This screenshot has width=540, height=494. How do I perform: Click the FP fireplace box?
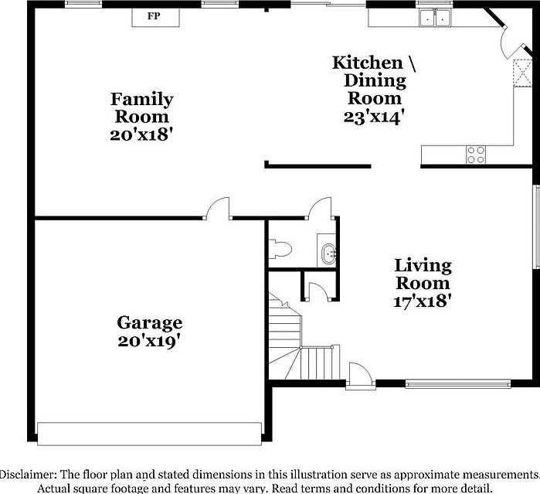click(155, 15)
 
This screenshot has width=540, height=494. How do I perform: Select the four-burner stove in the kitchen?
click(476, 154)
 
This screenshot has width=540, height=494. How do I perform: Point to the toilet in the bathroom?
click(279, 249)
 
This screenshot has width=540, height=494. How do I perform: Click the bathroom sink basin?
click(328, 252)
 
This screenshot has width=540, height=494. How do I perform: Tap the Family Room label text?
click(141, 108)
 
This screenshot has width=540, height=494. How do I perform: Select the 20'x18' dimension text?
click(141, 134)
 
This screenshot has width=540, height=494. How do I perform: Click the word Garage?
click(149, 322)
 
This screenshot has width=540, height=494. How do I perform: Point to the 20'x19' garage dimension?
click(149, 339)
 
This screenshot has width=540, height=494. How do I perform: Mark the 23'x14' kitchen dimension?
click(375, 116)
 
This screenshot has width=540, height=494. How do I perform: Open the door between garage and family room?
click(218, 210)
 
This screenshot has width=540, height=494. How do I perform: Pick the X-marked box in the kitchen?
click(522, 76)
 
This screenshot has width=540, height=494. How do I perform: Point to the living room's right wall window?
click(535, 227)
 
